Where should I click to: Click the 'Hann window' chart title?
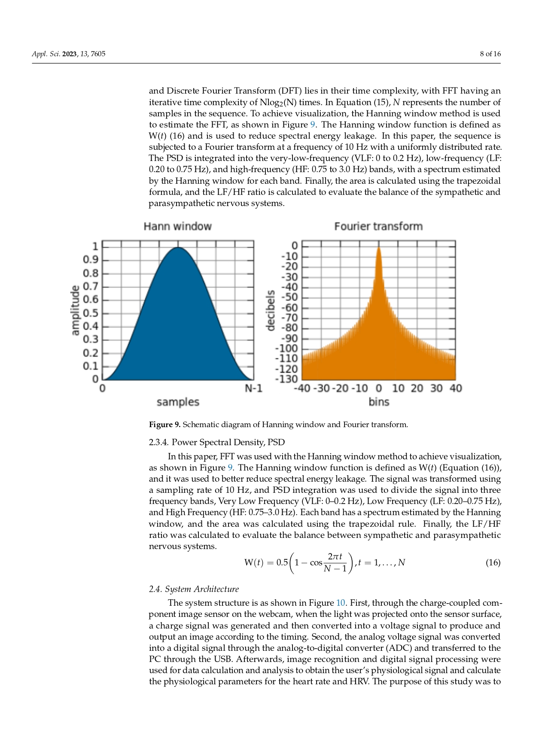177,226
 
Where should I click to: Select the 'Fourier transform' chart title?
378,226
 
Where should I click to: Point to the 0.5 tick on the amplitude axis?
91,313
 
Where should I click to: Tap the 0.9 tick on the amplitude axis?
91,260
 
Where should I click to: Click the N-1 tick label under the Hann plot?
253,389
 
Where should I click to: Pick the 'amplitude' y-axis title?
75,310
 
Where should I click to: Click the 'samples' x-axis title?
178,402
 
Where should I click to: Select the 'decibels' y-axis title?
270,310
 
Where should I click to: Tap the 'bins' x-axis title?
378,402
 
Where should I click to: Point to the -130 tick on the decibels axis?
286,379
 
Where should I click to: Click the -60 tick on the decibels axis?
289,307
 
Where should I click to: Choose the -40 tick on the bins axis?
302,389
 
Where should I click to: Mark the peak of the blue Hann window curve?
178,247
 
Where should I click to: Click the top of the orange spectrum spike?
378,247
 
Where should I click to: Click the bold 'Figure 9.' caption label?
164,425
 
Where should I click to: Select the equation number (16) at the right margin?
493,562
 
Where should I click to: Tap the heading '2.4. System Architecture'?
194,589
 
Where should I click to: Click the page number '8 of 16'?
490,54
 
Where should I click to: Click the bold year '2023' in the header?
69,54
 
